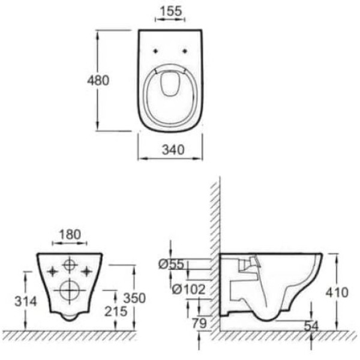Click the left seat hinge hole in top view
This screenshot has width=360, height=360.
click(155, 50)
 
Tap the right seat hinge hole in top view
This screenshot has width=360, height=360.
click(185, 50)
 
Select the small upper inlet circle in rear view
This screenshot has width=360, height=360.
click(70, 265)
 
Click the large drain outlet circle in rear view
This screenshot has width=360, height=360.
click(70, 290)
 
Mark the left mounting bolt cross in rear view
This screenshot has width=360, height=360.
click(52, 269)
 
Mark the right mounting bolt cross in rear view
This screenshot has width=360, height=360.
click(88, 269)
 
